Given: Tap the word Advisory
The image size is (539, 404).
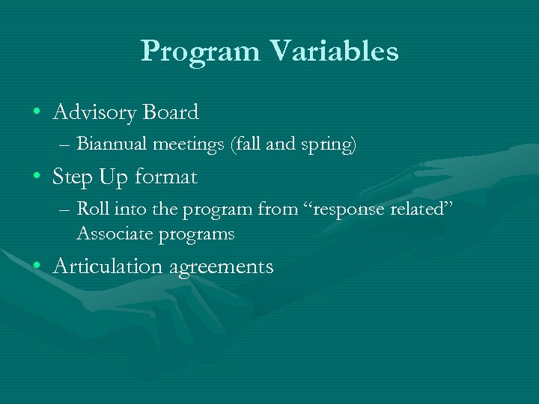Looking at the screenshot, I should (94, 113).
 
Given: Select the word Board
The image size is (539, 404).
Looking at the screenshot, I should (170, 112).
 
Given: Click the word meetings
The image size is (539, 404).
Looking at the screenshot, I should (178, 144).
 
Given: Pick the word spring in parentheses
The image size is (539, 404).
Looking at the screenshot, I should (329, 144).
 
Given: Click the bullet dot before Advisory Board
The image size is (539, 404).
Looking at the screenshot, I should (36, 113).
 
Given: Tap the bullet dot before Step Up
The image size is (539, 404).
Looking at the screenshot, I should (36, 177).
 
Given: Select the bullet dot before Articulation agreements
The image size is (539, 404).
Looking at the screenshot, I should (36, 266).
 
